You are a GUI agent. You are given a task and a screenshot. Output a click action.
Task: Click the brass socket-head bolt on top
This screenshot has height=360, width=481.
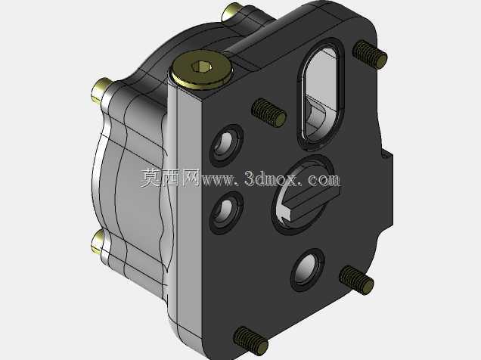[x=201, y=70]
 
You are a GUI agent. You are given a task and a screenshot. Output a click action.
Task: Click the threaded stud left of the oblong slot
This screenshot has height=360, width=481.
[x=268, y=113]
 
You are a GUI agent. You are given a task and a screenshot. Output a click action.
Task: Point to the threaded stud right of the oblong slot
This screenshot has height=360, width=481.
[x=370, y=54]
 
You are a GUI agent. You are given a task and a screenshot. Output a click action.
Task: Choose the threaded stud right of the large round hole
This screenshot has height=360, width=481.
[x=356, y=280]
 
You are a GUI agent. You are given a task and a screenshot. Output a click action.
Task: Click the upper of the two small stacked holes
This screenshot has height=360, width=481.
[x=226, y=145]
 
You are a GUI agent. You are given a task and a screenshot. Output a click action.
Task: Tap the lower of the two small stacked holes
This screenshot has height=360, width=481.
[x=226, y=213]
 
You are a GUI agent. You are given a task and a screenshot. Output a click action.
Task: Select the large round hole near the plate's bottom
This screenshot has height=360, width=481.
[x=307, y=270]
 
